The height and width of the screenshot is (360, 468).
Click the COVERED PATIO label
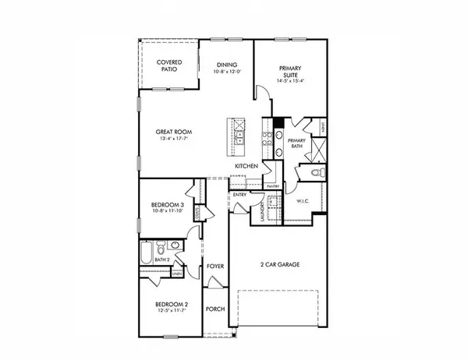[x=168, y=65]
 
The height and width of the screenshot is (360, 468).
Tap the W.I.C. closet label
[x=305, y=201]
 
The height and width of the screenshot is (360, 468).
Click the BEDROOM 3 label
[x=167, y=206]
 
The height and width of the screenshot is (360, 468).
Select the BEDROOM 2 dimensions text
[x=170, y=312]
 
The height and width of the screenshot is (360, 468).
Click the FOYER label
[x=215, y=266]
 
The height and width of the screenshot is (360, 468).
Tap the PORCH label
[x=215, y=309]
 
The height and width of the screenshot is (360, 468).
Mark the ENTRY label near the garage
[x=239, y=195]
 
